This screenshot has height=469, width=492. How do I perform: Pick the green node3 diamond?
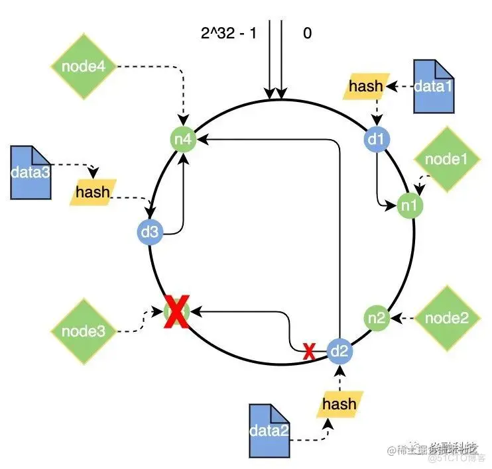tap(83, 330)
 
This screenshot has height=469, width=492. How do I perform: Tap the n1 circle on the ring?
tap(408, 205)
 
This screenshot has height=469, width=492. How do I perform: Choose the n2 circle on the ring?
tap(376, 317)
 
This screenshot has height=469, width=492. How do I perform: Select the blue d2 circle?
tap(339, 350)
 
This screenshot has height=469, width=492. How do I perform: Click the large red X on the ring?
tap(176, 311)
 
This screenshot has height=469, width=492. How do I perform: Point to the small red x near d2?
tap(308, 352)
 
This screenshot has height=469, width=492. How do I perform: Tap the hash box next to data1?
tap(366, 85)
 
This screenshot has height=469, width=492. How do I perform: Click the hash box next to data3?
tap(93, 192)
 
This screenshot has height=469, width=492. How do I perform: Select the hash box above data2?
tap(339, 404)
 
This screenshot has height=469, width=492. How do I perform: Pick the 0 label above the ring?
tap(307, 32)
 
